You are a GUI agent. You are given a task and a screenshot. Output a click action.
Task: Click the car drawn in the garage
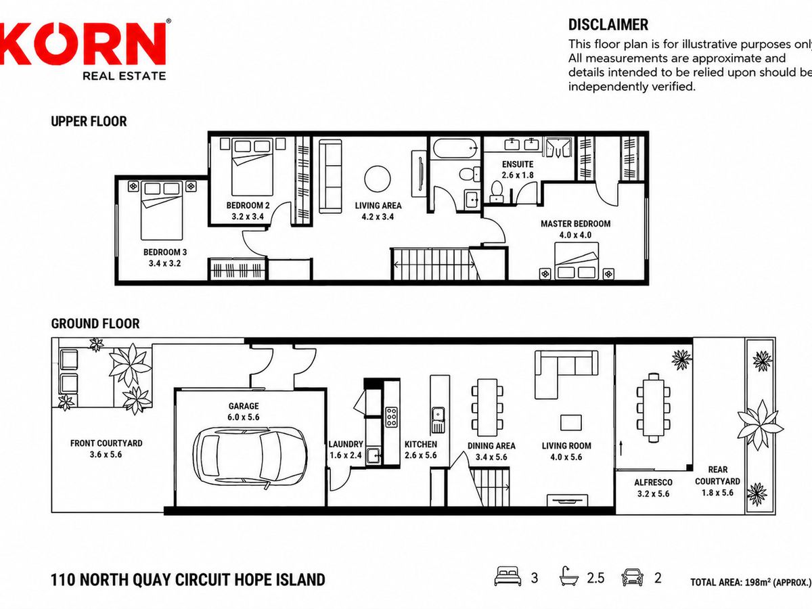click(250, 458)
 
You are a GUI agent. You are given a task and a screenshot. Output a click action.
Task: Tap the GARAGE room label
click(244, 406)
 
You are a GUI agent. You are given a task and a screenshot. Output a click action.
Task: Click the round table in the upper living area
click(378, 179)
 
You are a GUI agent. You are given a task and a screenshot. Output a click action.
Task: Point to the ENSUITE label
click(518, 164)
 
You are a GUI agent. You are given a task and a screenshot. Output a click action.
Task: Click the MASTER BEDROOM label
click(575, 224)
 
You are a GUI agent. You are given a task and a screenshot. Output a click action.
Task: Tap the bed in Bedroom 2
click(252, 166)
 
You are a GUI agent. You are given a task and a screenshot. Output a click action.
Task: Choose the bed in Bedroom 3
click(162, 210)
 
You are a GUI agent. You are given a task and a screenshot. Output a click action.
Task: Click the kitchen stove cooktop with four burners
click(391, 418)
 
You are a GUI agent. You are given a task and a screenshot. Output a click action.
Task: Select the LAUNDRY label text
click(346, 444)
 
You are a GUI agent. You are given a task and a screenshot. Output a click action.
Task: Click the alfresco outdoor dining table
click(653, 407)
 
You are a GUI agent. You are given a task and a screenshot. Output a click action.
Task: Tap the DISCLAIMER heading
click(608, 25)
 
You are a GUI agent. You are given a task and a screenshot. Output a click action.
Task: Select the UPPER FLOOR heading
click(89, 121)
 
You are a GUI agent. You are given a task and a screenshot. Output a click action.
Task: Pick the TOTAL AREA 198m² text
click(750, 583)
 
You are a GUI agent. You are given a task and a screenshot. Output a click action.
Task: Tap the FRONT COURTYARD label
click(106, 443)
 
